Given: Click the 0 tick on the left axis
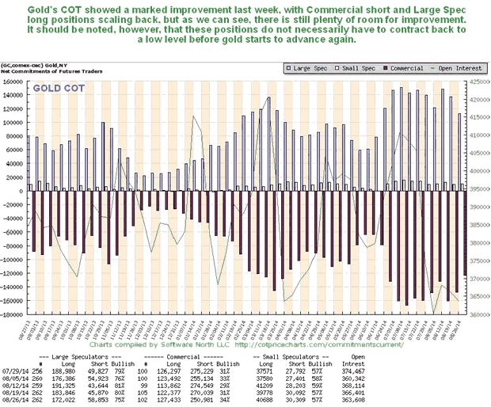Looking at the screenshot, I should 22,191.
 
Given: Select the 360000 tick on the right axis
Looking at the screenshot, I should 478,314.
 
